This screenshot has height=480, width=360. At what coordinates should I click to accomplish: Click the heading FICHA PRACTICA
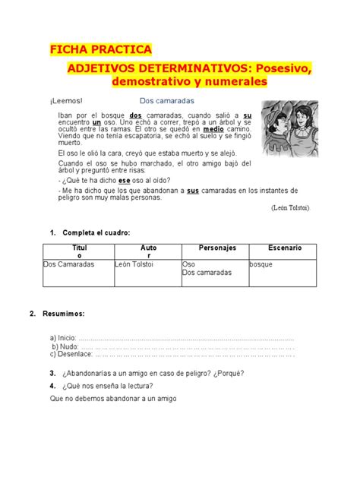[x=100, y=50]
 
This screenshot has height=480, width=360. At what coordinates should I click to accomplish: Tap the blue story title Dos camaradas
[x=168, y=100]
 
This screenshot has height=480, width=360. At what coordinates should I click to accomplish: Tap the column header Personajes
[x=217, y=248]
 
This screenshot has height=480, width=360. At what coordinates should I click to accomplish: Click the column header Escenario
[x=285, y=248]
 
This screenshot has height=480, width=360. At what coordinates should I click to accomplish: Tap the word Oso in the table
[x=189, y=264]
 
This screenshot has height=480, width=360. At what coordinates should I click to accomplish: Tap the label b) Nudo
[x=65, y=346]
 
